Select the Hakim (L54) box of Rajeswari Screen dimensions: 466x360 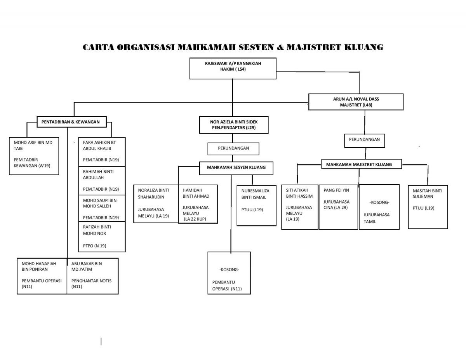pos(233,68)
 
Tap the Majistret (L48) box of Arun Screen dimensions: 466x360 pos(356,102)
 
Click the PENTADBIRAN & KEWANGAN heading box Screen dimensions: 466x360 pos(71,122)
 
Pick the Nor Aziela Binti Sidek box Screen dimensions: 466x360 pos(234,125)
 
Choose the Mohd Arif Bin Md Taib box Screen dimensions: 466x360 pos(34,156)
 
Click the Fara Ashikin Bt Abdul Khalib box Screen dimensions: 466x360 pos(102,151)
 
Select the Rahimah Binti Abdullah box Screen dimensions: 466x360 pos(102,181)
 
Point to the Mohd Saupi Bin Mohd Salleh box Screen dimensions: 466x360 pos(102,208)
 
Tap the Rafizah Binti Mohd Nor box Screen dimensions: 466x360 pos(102,237)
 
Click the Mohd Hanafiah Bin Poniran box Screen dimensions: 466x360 pos(42,276)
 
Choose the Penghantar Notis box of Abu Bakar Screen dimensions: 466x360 pos(93,276)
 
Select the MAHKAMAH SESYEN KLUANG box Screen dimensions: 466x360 pos(236,168)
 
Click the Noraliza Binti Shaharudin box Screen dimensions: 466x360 pos(156,204)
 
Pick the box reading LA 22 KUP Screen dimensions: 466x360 pos(198,204)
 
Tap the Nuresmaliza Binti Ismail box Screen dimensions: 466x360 pos(256,205)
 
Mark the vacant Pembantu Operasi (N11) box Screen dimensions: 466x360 pos(229,273)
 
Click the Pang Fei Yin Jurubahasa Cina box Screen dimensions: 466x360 pos(338,207)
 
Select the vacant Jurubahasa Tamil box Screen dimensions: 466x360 pos(379,207)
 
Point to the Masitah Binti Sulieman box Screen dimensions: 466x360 pos(428,207)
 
